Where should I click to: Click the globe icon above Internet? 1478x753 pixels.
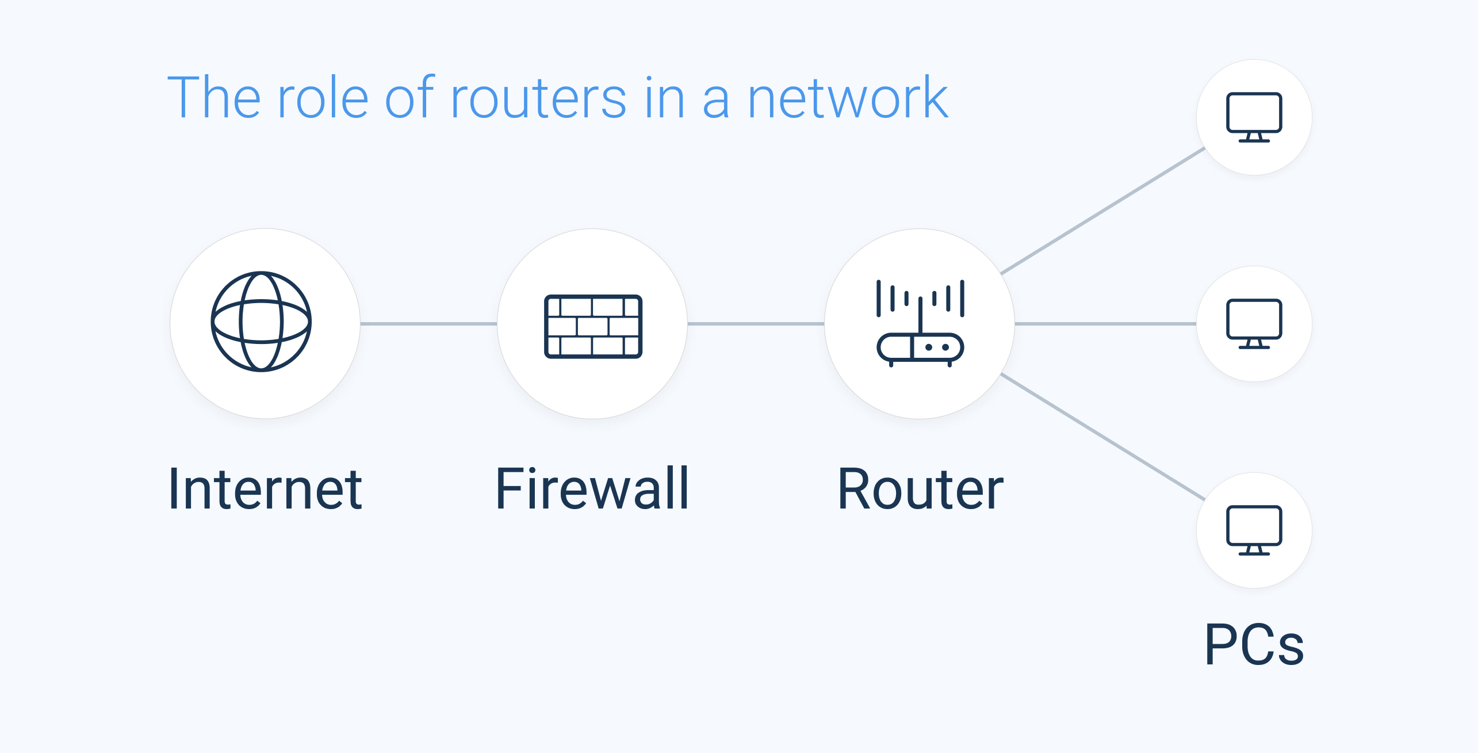coord(261,322)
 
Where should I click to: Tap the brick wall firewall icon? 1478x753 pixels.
coord(593,326)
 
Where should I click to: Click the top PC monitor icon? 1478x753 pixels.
coord(1254,117)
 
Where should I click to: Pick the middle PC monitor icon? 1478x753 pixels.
coord(1254,323)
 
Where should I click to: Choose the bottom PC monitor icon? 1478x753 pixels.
coord(1254,530)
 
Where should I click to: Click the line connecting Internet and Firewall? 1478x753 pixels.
coord(428,324)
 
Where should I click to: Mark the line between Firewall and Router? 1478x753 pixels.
coord(756,324)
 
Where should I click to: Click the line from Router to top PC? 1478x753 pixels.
coord(1102,211)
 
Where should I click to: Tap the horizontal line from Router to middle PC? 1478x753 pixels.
coord(1105,324)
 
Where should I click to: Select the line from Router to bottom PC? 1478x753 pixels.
coord(1102,437)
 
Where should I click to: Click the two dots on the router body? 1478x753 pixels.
coord(937,347)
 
